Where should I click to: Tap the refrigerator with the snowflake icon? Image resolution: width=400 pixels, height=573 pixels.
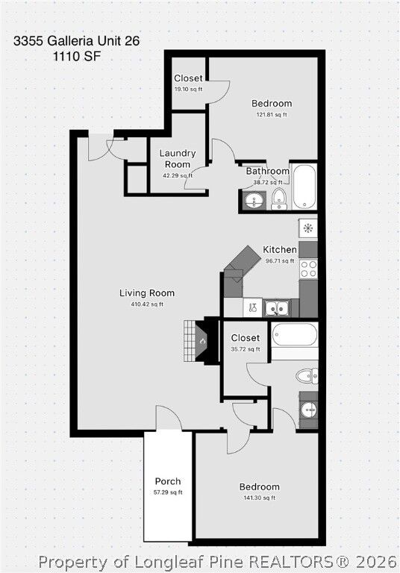pyautogui.click(x=308, y=228)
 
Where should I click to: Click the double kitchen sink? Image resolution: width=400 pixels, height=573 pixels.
pyautogui.click(x=278, y=307)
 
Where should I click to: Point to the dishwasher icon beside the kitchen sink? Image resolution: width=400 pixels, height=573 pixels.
pyautogui.click(x=253, y=307)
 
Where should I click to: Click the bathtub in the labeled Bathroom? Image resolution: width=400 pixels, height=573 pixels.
pyautogui.click(x=304, y=187)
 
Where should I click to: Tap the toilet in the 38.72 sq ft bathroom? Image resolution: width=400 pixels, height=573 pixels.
pyautogui.click(x=278, y=198)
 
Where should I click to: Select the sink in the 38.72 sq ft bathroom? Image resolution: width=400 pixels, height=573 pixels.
pyautogui.click(x=252, y=200)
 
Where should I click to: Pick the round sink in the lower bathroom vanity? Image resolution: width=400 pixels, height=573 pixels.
pyautogui.click(x=308, y=410)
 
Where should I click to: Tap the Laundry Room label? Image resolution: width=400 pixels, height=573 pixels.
pyautogui.click(x=176, y=158)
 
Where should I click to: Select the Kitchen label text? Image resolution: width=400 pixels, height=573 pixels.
pyautogui.click(x=280, y=249)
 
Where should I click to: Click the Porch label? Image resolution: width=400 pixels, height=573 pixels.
pyautogui.click(x=168, y=481)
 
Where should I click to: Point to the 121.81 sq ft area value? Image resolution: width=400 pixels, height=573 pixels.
pyautogui.click(x=272, y=115)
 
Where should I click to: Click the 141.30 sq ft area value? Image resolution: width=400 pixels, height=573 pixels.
pyautogui.click(x=260, y=498)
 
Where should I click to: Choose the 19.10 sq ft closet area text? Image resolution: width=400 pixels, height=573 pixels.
pyautogui.click(x=188, y=89)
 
